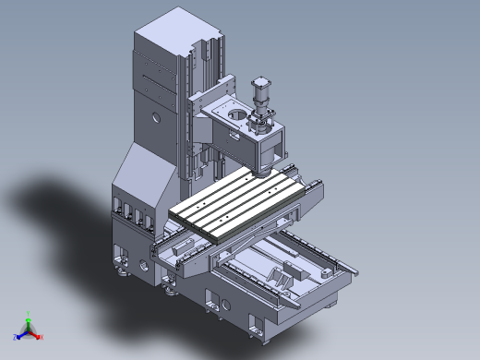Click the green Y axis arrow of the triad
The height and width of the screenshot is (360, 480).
(x=29, y=317)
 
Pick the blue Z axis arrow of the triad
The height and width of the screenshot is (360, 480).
(x=18, y=330)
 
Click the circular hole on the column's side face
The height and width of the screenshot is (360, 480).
(x=155, y=118)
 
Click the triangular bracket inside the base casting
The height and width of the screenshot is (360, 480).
(x=276, y=275)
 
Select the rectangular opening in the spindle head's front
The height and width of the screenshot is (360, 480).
(x=274, y=145)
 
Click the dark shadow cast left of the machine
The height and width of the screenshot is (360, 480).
(x=65, y=203)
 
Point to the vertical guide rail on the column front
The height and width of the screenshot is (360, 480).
(x=197, y=138)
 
